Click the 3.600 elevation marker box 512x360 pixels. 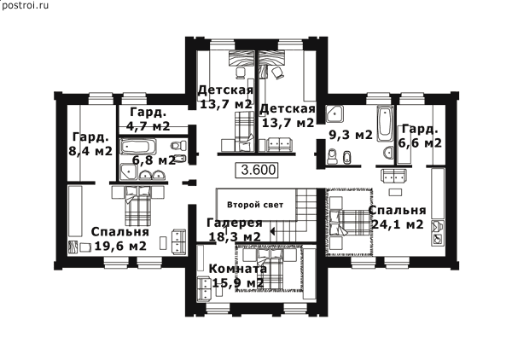(x=257, y=170)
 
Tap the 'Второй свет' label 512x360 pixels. (x=255, y=205)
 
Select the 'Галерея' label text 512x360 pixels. (x=235, y=223)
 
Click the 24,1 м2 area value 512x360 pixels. (x=398, y=224)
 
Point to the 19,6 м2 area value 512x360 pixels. (x=120, y=246)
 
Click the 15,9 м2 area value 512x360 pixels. (x=238, y=282)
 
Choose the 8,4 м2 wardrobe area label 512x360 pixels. (x=90, y=151)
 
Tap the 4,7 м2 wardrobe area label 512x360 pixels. (x=148, y=126)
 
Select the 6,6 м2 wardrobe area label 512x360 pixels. (x=420, y=143)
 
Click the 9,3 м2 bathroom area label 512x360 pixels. (x=351, y=135)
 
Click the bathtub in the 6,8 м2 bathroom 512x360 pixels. (x=137, y=147)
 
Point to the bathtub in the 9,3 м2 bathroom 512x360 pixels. (x=386, y=123)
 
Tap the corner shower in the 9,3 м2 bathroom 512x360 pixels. (x=334, y=113)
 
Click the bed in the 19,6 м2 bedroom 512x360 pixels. (x=138, y=206)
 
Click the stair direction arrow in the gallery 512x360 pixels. (x=273, y=231)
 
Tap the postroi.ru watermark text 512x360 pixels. (x=25, y=5)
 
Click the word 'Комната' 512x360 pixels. (x=238, y=270)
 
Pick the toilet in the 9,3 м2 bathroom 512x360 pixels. (x=333, y=156)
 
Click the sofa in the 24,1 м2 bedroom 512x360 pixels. (x=394, y=177)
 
